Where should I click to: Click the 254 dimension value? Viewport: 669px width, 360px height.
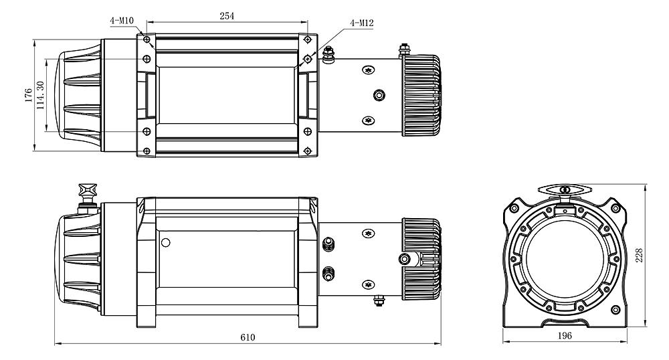click(x=227, y=16)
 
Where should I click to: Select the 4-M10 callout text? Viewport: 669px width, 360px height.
click(x=122, y=21)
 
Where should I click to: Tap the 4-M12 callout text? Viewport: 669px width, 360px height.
click(x=362, y=23)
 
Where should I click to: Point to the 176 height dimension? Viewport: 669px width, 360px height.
click(x=29, y=95)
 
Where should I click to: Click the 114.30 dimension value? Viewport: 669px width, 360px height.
click(x=41, y=95)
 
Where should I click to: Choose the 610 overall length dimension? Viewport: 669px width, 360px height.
click(x=248, y=337)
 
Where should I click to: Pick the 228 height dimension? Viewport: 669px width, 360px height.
click(x=639, y=255)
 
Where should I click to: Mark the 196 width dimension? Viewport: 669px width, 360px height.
click(x=565, y=336)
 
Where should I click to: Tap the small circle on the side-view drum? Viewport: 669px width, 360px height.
click(x=165, y=243)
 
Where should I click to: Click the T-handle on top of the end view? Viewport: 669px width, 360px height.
click(x=565, y=190)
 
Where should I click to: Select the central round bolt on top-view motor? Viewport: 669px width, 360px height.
click(x=379, y=95)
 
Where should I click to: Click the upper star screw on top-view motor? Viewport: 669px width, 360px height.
click(x=368, y=70)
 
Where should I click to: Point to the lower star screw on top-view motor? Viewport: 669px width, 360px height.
click(x=368, y=120)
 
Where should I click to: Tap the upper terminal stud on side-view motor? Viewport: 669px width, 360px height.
click(x=328, y=244)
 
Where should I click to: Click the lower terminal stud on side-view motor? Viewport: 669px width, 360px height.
click(x=328, y=274)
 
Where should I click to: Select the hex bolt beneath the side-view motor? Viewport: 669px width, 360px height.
click(x=379, y=300)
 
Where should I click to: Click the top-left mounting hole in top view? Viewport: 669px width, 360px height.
click(x=147, y=39)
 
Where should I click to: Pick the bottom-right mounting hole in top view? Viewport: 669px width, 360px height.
click(x=308, y=151)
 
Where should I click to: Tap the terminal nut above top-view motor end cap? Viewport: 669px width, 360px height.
click(x=404, y=50)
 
